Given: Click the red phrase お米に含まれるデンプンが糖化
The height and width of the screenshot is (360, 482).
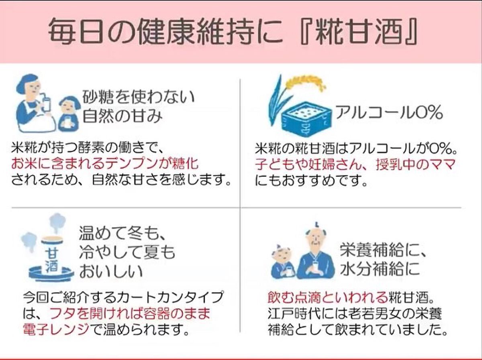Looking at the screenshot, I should (105, 165).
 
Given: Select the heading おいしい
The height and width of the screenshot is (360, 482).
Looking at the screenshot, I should (110, 272).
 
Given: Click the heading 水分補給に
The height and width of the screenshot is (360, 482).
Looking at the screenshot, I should (380, 268).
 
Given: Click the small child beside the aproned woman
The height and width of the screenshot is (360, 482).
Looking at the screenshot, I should (68, 113).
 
